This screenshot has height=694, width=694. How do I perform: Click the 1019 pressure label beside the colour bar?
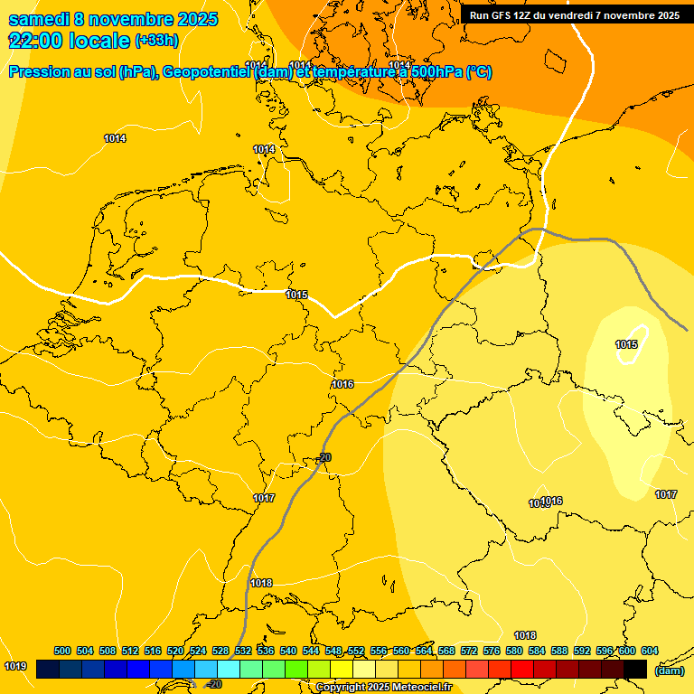(15, 666)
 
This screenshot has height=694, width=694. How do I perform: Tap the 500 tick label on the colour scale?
(62, 651)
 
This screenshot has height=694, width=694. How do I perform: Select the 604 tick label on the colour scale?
(649, 651)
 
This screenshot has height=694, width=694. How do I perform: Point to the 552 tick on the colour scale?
(356, 651)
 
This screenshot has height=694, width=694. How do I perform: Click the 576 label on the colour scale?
(492, 651)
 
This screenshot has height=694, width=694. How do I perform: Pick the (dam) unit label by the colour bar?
(669, 671)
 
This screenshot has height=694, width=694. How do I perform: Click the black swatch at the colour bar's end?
(635, 669)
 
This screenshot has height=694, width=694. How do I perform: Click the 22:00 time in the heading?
(33, 41)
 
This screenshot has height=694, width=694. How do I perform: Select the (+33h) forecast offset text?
(156, 41)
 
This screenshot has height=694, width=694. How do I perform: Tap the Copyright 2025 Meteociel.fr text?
(383, 687)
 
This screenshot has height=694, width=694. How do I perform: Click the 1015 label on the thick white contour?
(296, 295)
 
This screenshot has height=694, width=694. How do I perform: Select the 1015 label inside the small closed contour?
(626, 344)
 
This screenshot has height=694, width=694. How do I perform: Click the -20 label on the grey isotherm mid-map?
(324, 457)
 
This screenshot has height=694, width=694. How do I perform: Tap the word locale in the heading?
(102, 41)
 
